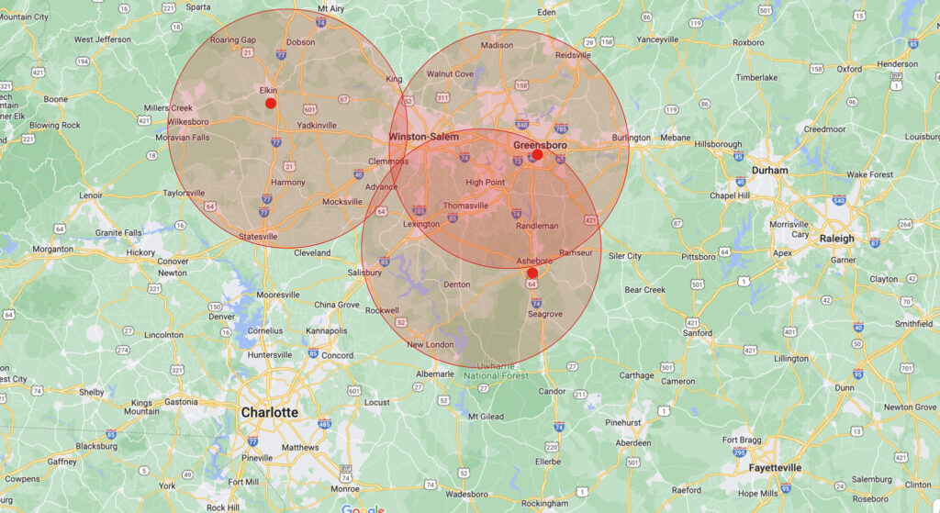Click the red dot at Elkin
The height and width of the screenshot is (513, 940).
point(271,104)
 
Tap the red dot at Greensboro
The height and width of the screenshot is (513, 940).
point(538,155)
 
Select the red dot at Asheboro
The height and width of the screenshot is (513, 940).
point(532,273)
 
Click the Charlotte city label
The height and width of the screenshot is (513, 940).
point(269,413)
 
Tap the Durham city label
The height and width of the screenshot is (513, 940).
point(769,171)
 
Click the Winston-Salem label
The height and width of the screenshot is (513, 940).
point(423,137)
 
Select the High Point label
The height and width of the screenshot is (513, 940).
point(486,183)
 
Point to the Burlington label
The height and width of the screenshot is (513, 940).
point(632,139)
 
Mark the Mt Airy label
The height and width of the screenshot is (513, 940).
point(330,8)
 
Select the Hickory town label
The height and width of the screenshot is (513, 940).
point(140,252)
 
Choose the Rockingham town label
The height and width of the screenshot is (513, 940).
point(544,504)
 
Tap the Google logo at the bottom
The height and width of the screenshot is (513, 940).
point(363,508)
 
